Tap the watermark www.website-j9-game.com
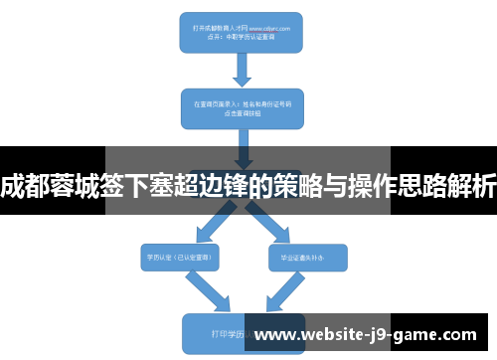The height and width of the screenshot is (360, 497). point(373,335)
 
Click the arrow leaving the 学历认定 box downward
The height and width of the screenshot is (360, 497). point(210,291)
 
